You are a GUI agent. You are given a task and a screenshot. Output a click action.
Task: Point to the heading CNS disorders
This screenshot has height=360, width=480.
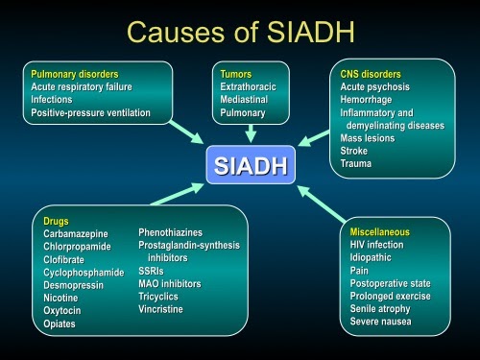[371, 73]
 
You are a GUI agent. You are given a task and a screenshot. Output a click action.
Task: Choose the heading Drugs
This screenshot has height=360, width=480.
[56, 222]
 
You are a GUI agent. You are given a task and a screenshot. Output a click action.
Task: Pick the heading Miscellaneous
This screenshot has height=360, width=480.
[379, 232]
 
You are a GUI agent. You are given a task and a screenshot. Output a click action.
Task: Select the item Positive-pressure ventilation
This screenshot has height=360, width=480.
[90, 112]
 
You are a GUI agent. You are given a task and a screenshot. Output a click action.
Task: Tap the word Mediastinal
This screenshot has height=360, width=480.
[245, 99]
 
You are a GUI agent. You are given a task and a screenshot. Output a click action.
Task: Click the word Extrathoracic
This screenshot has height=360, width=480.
[248, 86]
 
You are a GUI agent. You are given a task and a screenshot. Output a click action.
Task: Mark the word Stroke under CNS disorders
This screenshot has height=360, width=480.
[354, 151]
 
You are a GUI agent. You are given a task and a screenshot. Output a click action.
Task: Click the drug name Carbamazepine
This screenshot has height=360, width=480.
[76, 234]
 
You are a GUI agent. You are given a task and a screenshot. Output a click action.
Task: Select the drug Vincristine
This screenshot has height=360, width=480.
[161, 309]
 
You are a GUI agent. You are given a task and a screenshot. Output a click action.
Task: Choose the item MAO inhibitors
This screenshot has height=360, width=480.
[169, 284]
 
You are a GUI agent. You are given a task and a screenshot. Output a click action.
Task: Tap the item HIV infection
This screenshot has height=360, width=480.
[377, 245]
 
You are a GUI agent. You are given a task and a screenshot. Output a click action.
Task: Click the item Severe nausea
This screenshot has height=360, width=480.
[380, 322]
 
